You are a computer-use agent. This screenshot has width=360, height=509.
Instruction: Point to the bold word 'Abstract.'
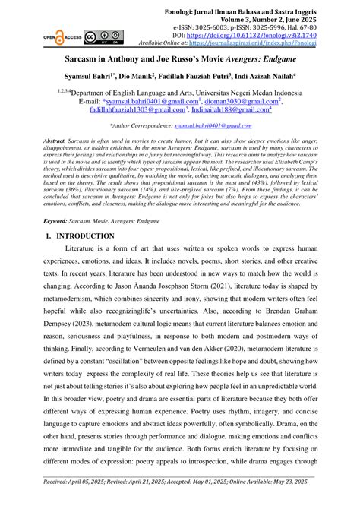coord(55,141)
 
